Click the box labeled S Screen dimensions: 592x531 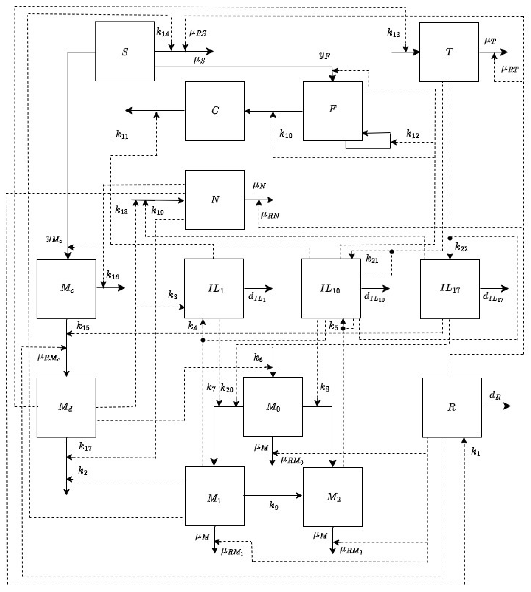[125, 51]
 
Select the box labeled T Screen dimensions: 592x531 [449, 52]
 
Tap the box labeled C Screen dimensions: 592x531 [215, 111]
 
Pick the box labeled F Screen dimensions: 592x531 [333, 111]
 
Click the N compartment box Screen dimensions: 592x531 [215, 200]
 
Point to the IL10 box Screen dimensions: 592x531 [331, 288]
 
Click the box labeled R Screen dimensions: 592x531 [452, 407]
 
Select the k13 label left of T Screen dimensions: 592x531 [393, 33]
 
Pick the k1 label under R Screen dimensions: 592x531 [476, 452]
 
